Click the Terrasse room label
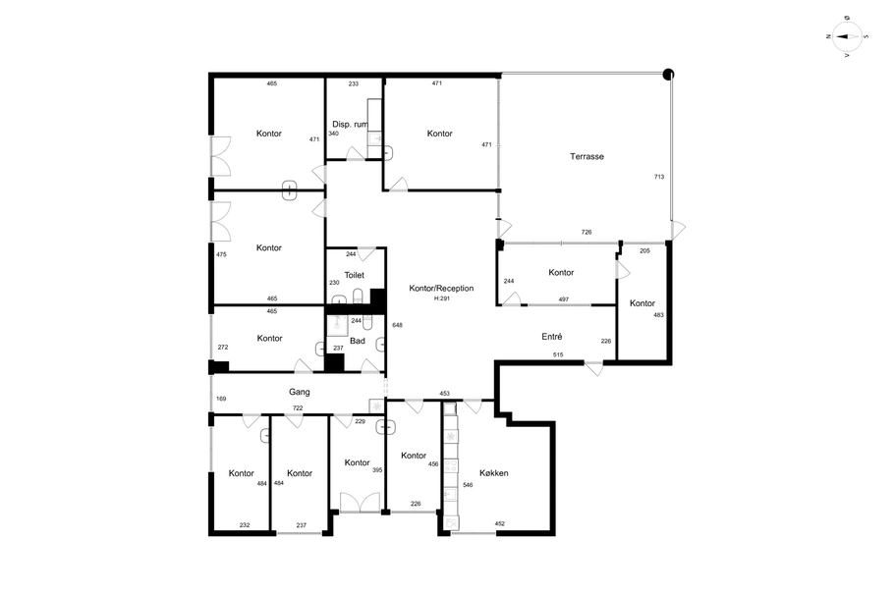[587, 156]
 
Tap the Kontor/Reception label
[441, 288]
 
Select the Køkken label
[494, 472]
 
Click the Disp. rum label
[350, 124]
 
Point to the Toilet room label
[354, 275]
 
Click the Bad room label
[358, 341]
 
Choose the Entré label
[552, 337]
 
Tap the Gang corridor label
[300, 392]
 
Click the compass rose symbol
[847, 37]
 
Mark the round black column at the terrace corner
[668, 74]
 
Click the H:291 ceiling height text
[442, 298]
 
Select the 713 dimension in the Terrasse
[659, 177]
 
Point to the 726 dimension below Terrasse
[587, 232]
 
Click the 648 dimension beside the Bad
[398, 325]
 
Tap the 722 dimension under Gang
[298, 407]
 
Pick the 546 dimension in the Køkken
[468, 485]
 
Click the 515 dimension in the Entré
[558, 354]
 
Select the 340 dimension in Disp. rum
[334, 134]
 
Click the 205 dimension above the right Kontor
[644, 250]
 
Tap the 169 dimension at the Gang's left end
[221, 399]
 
